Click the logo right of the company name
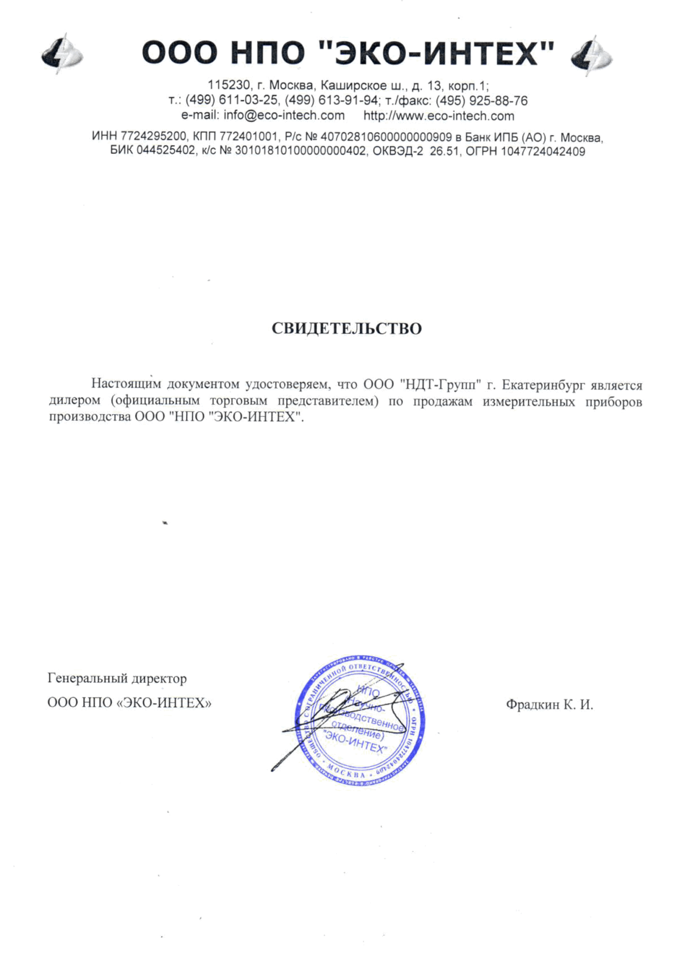[591, 55]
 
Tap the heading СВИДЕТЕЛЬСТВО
[346, 329]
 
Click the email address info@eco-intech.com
[284, 116]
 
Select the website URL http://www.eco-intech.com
[438, 116]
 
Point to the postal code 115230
[225, 85]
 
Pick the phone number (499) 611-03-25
[231, 100]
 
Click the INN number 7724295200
[154, 137]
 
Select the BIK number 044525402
[165, 152]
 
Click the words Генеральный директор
[117, 678]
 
